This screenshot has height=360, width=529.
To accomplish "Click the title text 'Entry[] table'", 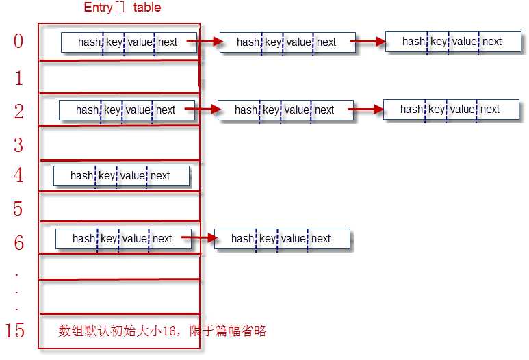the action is tap(122, 8).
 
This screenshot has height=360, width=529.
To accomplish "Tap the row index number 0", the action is tap(18, 41).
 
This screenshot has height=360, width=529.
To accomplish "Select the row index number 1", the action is tap(19, 78).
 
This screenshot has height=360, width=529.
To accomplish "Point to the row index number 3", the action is tap(18, 144).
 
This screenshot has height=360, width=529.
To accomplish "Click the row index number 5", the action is tap(18, 209).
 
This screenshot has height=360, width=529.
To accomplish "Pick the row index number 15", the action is tap(14, 331).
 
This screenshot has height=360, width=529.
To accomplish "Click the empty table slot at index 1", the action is tap(120, 77).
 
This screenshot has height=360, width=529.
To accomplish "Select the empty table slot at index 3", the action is tap(120, 143).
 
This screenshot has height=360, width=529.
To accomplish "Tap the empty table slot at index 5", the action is tap(120, 207).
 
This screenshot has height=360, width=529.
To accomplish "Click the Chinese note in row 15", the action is tap(162, 331).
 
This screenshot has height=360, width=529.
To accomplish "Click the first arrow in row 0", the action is tap(205, 42).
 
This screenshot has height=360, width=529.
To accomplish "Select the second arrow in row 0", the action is tap(368, 42).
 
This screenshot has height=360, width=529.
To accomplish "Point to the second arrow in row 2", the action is tap(366, 109).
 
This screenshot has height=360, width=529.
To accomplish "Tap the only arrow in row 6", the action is tap(200, 238).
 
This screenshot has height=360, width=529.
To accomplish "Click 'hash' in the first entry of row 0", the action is tap(89, 42).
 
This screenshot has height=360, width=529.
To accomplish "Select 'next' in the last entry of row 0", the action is tap(492, 42).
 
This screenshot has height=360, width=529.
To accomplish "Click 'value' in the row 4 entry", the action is tap(133, 176).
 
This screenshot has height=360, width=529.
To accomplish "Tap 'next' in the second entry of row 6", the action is tap(321, 239).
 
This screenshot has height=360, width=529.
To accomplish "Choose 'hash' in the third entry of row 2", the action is tap(411, 110).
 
